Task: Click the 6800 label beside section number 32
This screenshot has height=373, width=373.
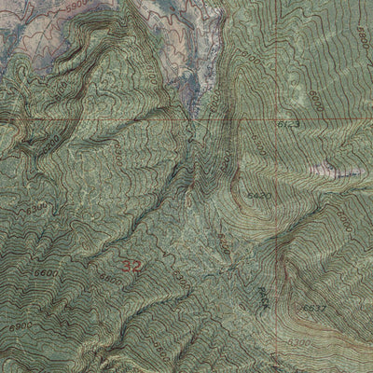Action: click(109, 278)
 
